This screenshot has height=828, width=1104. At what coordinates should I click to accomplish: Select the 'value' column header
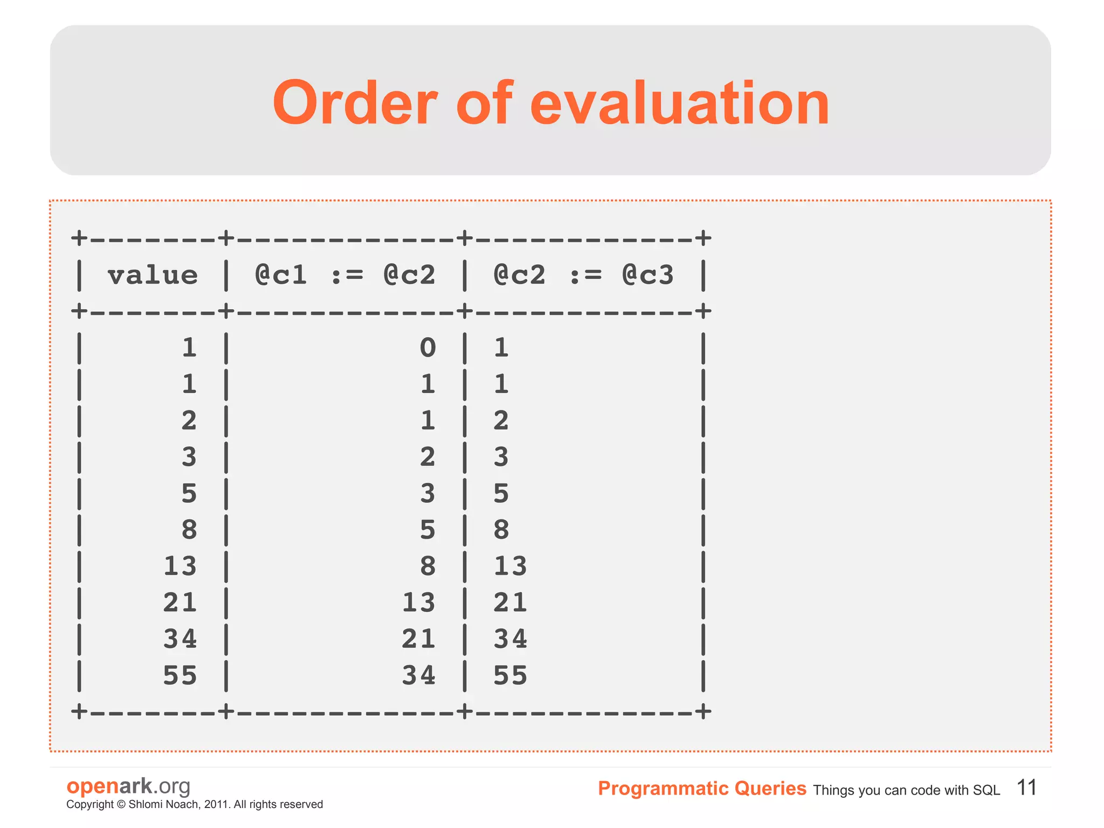153,275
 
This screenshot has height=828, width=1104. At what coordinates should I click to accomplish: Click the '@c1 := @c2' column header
345,275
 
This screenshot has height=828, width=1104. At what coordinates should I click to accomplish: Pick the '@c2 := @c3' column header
583,275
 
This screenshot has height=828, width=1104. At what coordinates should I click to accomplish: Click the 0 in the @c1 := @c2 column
427,347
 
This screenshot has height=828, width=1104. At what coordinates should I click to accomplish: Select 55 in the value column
180,675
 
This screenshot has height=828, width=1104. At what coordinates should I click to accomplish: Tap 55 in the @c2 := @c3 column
510,675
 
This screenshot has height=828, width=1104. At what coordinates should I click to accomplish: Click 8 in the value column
189,530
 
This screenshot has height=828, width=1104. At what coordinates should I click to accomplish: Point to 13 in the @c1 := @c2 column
418,603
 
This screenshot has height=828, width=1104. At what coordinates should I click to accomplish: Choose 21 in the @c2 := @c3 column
510,603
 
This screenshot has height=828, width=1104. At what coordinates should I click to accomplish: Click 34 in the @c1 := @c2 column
418,675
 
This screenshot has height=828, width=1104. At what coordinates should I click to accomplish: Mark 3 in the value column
189,457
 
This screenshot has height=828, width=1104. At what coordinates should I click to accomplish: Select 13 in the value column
180,566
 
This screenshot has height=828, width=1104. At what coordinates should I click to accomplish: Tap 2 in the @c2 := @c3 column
501,421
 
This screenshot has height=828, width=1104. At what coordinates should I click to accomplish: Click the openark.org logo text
128,786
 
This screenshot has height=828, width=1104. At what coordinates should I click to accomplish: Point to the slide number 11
1026,788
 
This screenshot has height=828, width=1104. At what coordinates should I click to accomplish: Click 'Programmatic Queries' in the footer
702,789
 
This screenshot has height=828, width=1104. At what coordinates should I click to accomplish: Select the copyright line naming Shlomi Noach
195,804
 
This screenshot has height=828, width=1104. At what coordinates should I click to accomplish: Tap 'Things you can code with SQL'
906,790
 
